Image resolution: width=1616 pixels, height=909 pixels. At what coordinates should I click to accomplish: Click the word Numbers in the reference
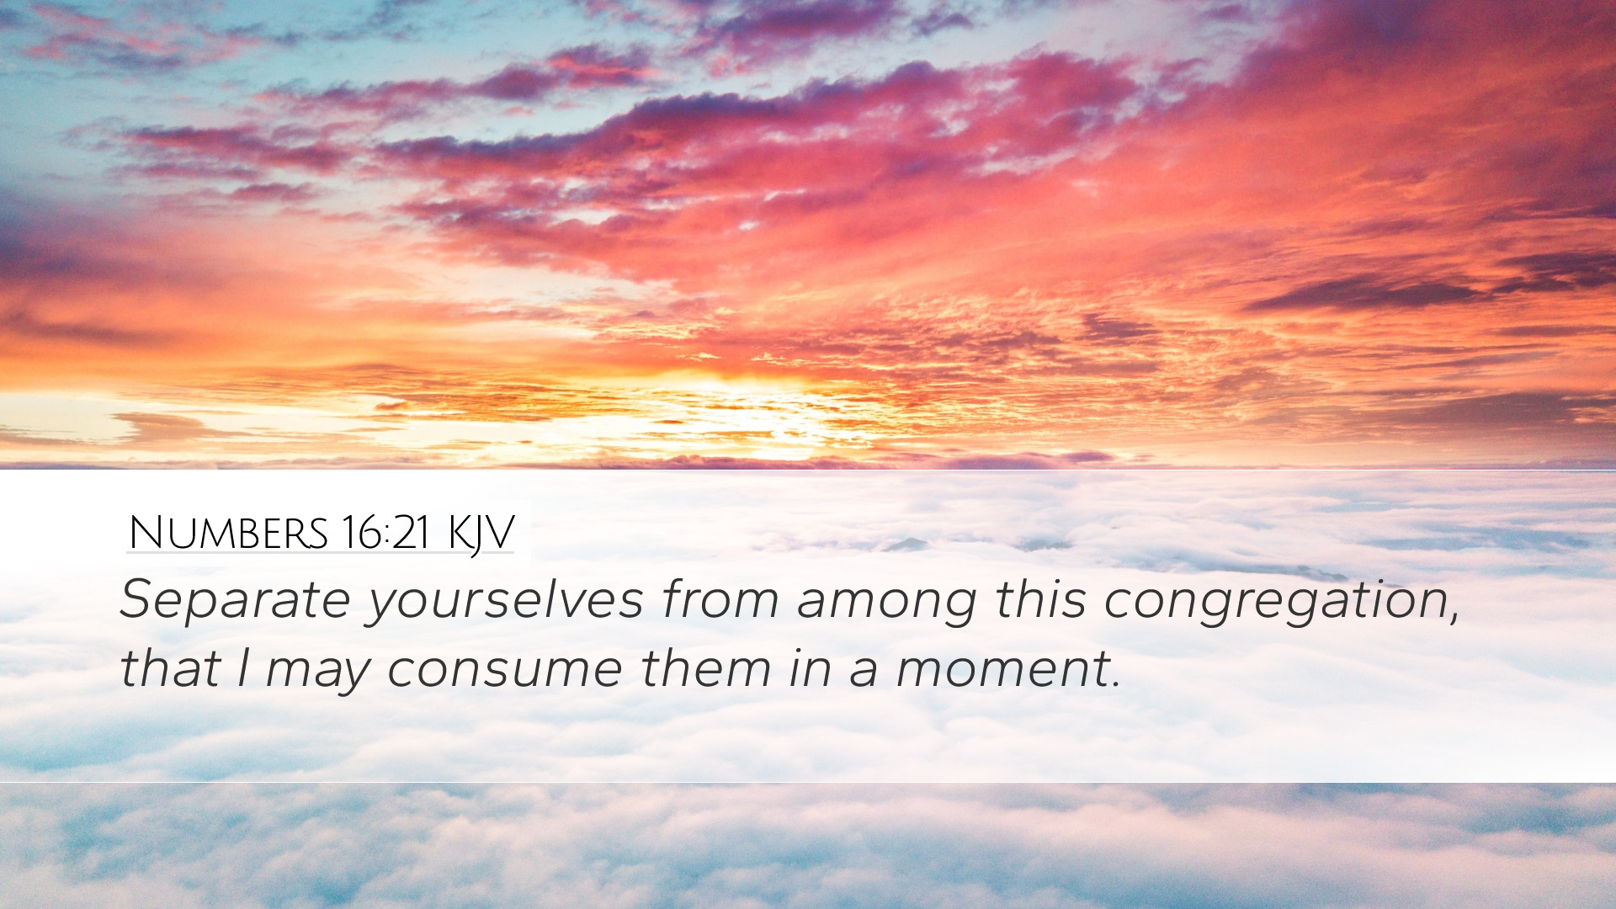tap(228, 533)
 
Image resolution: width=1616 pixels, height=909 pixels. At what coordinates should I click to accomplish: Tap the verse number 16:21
tap(386, 533)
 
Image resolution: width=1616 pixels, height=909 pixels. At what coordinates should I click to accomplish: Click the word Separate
tap(235, 601)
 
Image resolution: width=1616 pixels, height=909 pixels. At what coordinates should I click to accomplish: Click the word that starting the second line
tap(170, 668)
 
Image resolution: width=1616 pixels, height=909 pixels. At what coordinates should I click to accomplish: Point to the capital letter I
tap(243, 668)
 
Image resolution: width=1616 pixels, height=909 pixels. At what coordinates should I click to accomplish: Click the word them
tap(706, 668)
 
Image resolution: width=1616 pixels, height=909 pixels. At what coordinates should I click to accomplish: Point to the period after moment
tap(1116, 686)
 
